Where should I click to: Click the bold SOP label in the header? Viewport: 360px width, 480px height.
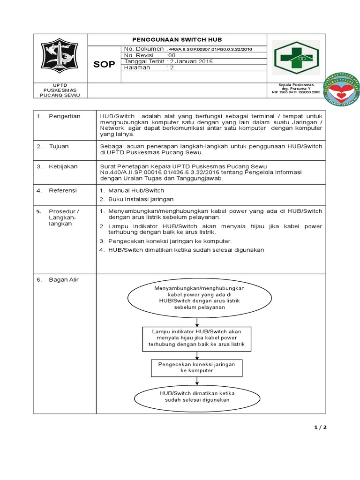coord(104,65)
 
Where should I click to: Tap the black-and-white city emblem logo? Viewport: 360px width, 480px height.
coord(60,57)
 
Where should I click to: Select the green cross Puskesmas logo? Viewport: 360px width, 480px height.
coord(296,58)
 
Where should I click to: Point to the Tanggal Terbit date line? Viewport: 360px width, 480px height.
coord(168,61)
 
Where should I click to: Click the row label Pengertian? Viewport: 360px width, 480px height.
coord(65,116)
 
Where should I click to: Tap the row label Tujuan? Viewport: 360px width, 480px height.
coord(59,146)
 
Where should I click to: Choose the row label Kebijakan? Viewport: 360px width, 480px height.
coord(63,166)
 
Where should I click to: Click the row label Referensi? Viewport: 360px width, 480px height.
coord(63,191)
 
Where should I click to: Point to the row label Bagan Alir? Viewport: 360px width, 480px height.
coord(64,280)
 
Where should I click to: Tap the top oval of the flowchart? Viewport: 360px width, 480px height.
coord(199,297)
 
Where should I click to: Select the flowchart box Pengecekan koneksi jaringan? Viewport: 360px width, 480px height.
coord(196,367)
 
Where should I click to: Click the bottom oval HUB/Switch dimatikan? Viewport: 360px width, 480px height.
coord(197,397)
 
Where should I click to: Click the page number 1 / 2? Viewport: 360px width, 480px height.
coord(320,427)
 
